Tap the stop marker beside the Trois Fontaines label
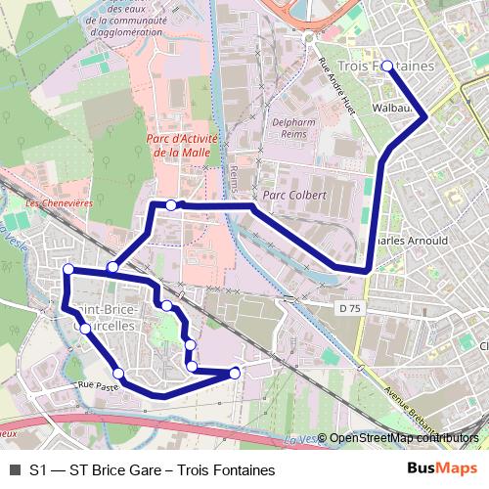pyautogui.click(x=387, y=67)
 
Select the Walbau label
pyautogui.click(x=391, y=109)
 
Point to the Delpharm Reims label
pyautogui.click(x=292, y=129)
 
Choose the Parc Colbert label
pyautogui.click(x=301, y=195)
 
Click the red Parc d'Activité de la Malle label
pyautogui.click(x=180, y=146)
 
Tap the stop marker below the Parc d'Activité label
pyautogui.click(x=172, y=204)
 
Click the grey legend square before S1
pyautogui.click(x=14, y=469)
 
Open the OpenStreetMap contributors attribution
pyautogui.click(x=403, y=437)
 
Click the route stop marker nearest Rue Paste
pyautogui.click(x=118, y=374)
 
